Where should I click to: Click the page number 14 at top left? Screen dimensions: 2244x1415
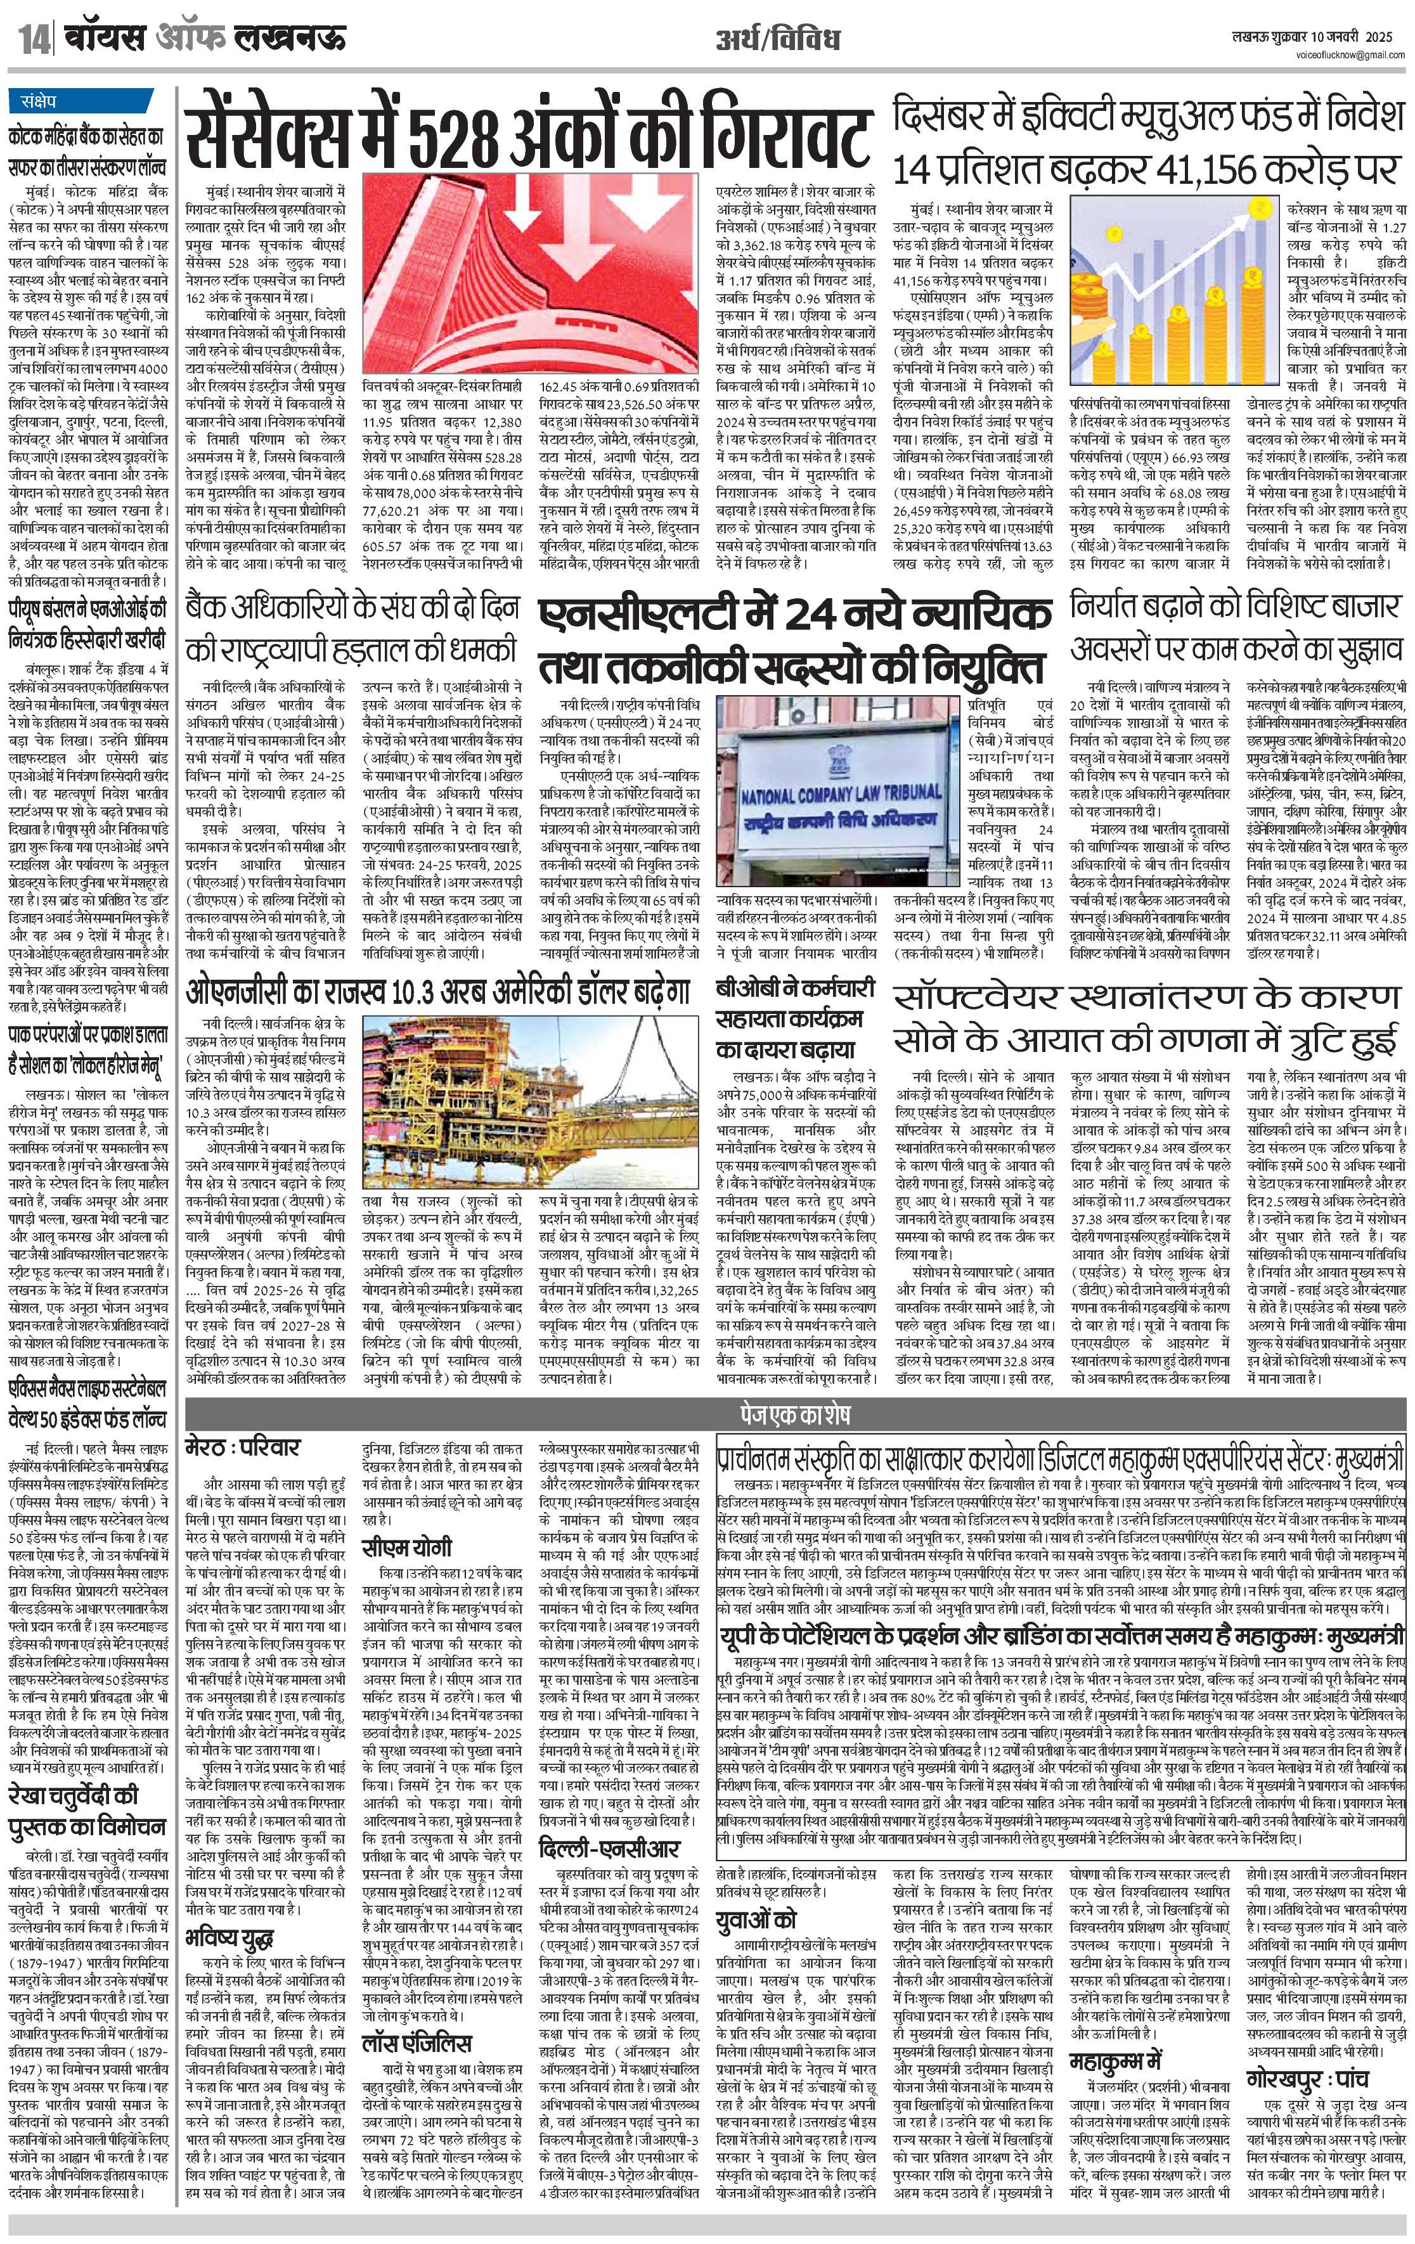click(32, 40)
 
